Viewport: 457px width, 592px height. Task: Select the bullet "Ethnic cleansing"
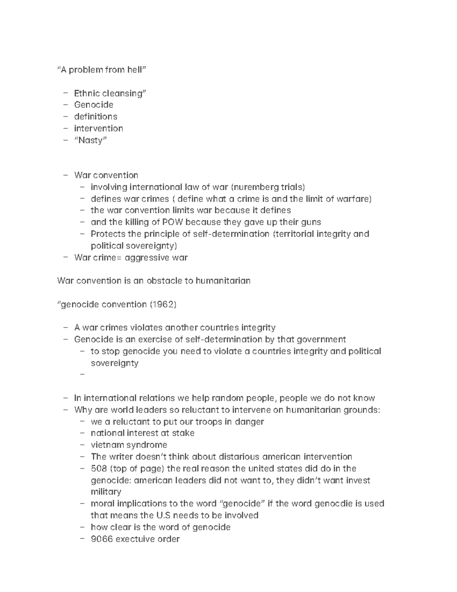110,93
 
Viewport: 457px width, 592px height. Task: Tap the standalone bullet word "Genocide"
94,105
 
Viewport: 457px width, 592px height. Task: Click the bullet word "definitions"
96,117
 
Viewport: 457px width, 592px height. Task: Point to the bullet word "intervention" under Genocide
98,128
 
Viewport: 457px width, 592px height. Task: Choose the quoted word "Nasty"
91,140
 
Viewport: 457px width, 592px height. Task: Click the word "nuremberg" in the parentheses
256,187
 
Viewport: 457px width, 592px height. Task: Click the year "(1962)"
163,305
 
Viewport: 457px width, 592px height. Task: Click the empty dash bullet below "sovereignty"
82,375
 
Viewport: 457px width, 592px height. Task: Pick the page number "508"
99,468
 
